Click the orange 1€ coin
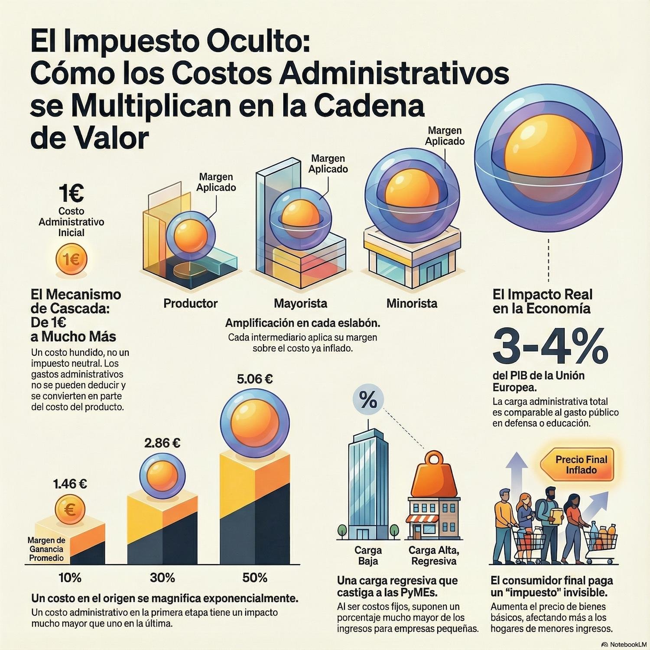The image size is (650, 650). pos(71,260)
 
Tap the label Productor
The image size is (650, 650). pos(190,303)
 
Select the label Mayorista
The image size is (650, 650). pos(300,303)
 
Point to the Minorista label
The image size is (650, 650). pos(412,303)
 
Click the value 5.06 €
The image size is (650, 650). pos(255,379)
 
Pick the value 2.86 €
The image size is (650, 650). pos(162,443)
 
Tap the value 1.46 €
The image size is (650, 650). pos(70,484)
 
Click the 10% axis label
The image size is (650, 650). pos(70,578)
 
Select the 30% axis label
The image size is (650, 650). pos(162,578)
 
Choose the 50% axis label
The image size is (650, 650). pos(255,578)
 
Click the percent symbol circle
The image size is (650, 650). pos(368,401)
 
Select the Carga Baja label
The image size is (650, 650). pos(368,556)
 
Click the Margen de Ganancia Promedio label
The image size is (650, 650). pos(46,549)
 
